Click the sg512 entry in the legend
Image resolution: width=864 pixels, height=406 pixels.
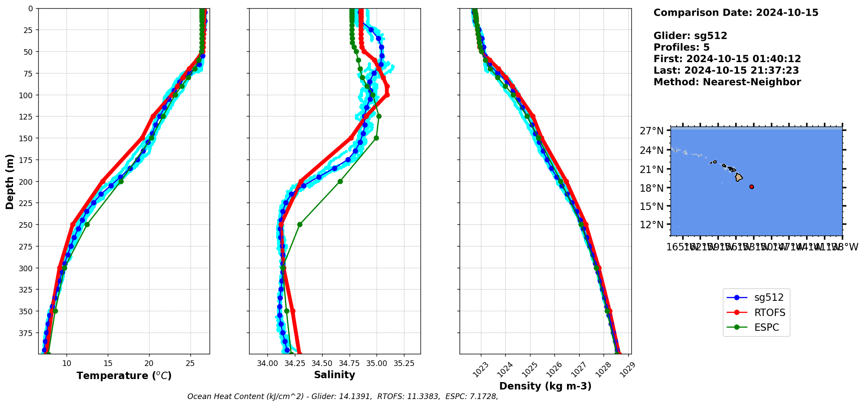click(x=768, y=298)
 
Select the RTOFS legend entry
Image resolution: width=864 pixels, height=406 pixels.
click(x=769, y=313)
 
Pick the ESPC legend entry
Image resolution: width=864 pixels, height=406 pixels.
click(x=766, y=328)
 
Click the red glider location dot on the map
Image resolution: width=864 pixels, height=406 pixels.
click(x=751, y=187)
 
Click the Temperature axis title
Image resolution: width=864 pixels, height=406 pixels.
click(x=124, y=376)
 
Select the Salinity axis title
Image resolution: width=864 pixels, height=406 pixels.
click(x=334, y=375)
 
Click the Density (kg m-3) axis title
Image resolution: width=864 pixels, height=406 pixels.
click(x=545, y=386)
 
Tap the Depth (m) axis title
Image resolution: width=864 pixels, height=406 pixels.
click(x=10, y=181)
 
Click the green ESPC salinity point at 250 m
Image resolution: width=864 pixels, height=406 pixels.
click(x=300, y=225)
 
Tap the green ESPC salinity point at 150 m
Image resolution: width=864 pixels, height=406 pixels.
click(x=376, y=138)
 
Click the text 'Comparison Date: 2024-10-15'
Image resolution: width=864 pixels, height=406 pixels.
click(x=736, y=13)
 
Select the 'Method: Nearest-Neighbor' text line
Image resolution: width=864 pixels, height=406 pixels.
click(x=727, y=82)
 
